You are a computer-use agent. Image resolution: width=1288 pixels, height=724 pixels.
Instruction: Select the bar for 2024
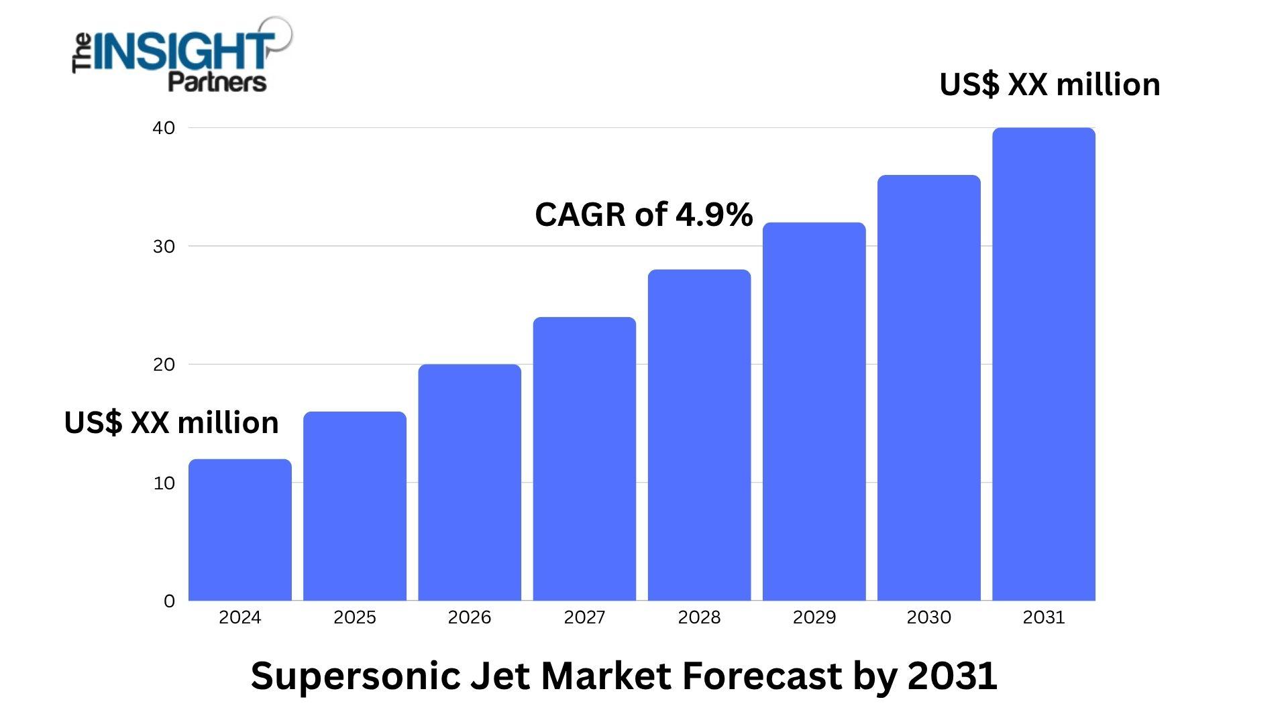(x=240, y=530)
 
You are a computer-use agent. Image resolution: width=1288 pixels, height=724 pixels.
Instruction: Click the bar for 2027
(x=584, y=459)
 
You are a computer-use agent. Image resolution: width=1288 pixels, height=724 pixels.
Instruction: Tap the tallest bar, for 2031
(x=1044, y=364)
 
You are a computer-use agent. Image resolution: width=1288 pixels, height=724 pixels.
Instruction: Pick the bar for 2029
(x=814, y=412)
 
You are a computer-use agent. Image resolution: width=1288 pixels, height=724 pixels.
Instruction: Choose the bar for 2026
(x=470, y=483)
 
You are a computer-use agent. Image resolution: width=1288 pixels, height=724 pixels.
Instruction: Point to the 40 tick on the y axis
(x=164, y=128)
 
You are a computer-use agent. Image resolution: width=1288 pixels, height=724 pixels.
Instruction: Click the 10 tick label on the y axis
(x=164, y=483)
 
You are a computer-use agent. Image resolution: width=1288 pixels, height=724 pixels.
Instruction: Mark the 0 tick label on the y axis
(x=169, y=601)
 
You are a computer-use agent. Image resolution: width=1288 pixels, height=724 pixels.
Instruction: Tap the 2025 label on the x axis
(x=355, y=617)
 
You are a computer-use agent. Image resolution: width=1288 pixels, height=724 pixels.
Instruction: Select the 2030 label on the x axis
(x=929, y=617)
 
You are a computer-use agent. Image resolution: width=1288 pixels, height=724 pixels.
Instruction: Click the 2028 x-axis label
(x=699, y=617)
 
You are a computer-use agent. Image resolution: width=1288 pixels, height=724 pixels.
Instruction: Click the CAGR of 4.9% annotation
(x=644, y=215)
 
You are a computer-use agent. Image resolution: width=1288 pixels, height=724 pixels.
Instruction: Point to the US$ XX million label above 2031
(x=1050, y=84)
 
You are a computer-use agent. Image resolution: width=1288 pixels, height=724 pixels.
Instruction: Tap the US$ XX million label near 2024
(x=172, y=422)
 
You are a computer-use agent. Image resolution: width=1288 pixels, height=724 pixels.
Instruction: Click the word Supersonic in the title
(x=355, y=676)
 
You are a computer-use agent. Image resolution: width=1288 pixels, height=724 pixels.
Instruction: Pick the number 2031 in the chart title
(x=953, y=675)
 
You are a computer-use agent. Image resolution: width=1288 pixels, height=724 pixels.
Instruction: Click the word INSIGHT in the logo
(x=183, y=52)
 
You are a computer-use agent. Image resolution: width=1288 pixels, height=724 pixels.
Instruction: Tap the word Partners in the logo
(x=217, y=82)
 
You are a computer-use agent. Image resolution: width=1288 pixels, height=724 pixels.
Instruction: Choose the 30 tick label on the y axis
(x=164, y=247)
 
